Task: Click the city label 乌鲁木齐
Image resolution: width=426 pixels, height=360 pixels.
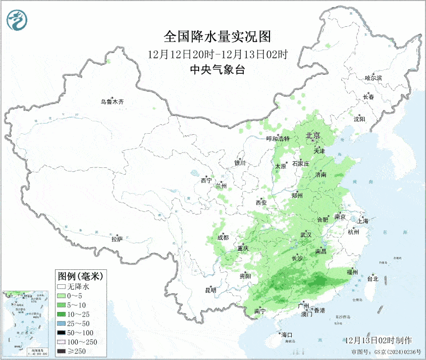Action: pyautogui.click(x=112, y=102)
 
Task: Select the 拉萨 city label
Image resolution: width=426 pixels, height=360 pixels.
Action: pyautogui.click(x=117, y=239)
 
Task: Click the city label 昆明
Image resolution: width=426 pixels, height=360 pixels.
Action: pyautogui.click(x=210, y=290)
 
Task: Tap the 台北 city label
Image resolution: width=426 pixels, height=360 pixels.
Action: pyautogui.click(x=372, y=279)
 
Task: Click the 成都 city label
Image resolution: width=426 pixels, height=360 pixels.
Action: pyautogui.click(x=223, y=237)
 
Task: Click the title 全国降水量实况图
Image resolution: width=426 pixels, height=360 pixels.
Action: pyautogui.click(x=217, y=37)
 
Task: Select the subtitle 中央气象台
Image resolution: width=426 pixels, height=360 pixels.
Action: pyautogui.click(x=217, y=70)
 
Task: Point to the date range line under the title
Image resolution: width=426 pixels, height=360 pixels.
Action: pyautogui.click(x=217, y=53)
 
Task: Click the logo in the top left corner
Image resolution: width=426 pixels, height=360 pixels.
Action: pyautogui.click(x=17, y=19)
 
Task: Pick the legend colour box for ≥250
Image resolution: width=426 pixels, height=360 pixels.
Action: pyautogui.click(x=62, y=351)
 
